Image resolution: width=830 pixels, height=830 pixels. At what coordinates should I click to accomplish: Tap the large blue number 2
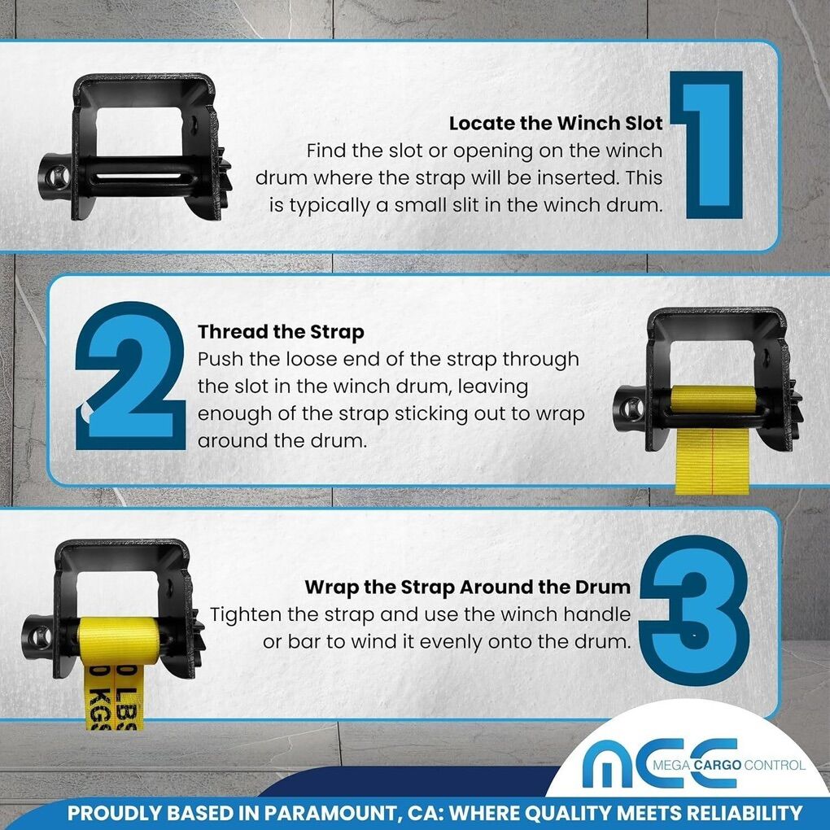pos(131,376)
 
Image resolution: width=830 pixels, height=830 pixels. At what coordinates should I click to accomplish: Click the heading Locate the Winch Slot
pos(556,124)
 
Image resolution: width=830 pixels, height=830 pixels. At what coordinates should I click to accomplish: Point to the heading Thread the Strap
pos(281,332)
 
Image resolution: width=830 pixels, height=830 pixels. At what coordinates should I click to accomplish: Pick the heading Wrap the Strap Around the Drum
pos(467,587)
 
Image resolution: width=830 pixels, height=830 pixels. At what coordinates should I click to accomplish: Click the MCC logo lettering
pos(660,762)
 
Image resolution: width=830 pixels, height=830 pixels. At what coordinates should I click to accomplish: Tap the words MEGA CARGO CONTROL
pos(729,765)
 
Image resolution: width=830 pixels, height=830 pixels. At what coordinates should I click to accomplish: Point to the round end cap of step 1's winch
pos(55,177)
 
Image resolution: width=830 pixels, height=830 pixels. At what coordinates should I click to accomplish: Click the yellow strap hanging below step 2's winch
pos(713,461)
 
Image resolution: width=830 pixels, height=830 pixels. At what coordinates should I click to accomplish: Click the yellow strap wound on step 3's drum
pos(118,634)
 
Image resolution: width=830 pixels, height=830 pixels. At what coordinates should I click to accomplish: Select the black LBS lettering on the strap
pos(126,696)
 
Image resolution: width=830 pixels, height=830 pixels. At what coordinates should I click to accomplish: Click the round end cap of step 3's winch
pos(38,637)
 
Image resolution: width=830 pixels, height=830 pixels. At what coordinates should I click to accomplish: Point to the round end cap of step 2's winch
pos(629,408)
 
